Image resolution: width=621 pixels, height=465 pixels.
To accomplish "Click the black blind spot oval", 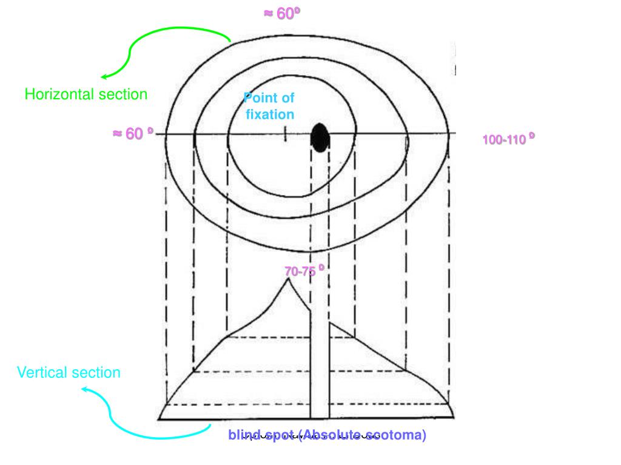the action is (x=320, y=137).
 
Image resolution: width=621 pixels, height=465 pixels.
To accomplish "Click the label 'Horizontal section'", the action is (x=86, y=94).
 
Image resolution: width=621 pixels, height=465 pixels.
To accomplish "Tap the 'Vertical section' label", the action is (x=69, y=372).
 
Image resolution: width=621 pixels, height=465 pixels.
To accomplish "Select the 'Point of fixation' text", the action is (x=269, y=106).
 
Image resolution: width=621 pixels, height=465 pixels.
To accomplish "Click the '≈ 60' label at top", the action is (x=281, y=14).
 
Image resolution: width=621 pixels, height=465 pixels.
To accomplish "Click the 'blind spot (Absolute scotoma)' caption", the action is (x=327, y=435).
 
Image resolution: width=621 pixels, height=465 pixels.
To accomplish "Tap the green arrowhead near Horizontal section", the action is (x=104, y=77).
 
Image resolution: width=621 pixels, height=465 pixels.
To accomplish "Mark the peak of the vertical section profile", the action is (x=287, y=279).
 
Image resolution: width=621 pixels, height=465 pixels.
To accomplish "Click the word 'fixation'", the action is (x=270, y=114).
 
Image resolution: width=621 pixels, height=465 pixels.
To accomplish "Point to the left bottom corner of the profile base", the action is (x=159, y=418).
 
